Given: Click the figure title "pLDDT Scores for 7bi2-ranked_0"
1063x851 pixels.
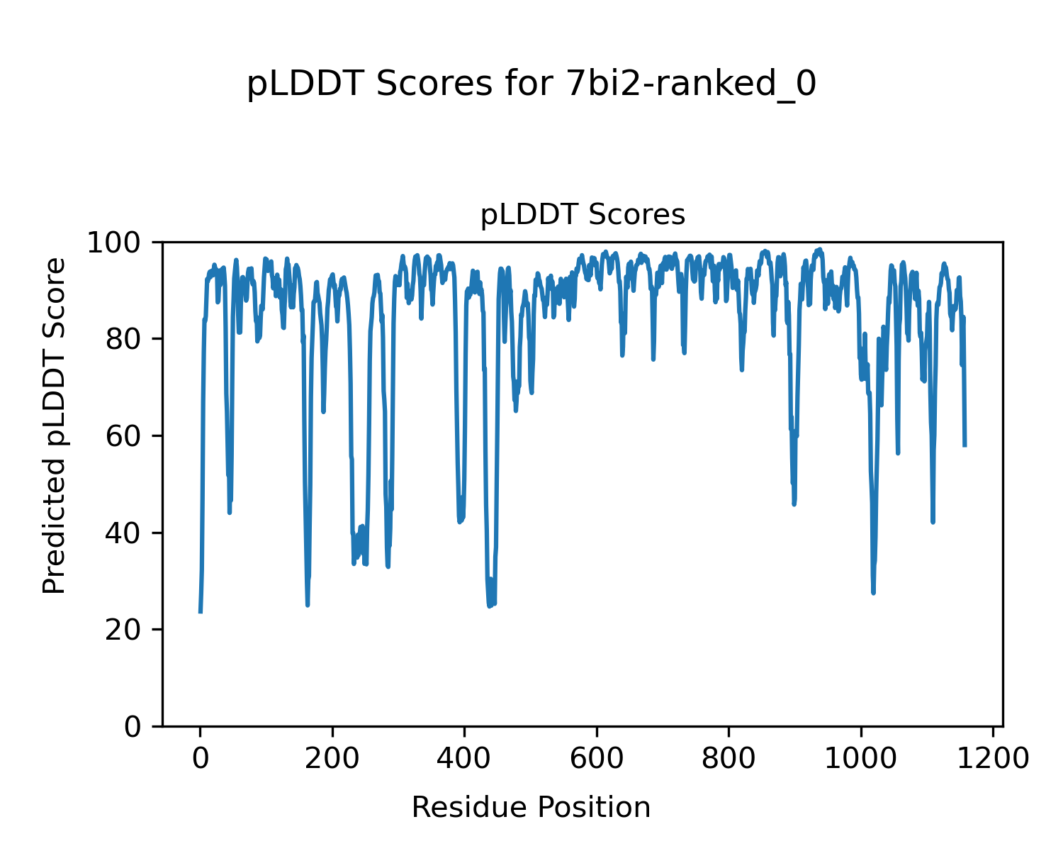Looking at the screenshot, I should coord(531,84).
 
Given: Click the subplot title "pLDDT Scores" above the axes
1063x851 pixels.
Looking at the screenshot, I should coord(583,214).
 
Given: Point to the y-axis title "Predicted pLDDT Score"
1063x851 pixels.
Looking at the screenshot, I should coord(55,425).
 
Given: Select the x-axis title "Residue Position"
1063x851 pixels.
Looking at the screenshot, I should coord(531,808).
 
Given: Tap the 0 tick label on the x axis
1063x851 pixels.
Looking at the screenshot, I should coord(201,758).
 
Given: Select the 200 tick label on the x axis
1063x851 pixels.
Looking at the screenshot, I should coord(332,758).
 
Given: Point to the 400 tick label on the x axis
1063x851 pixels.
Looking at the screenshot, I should coord(464,758).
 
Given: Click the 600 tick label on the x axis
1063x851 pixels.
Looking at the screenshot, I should coord(597,758).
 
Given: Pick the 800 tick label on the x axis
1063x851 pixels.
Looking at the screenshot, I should coord(729,758).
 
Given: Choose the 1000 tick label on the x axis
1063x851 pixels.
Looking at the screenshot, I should coord(860,758).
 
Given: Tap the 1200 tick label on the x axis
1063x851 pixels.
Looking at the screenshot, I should coord(993,758).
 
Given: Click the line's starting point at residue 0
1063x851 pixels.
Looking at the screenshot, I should coord(201,612).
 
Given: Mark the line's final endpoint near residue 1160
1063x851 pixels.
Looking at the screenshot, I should coord(965,445).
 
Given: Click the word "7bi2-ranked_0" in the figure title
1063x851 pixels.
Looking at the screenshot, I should coord(692,84).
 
